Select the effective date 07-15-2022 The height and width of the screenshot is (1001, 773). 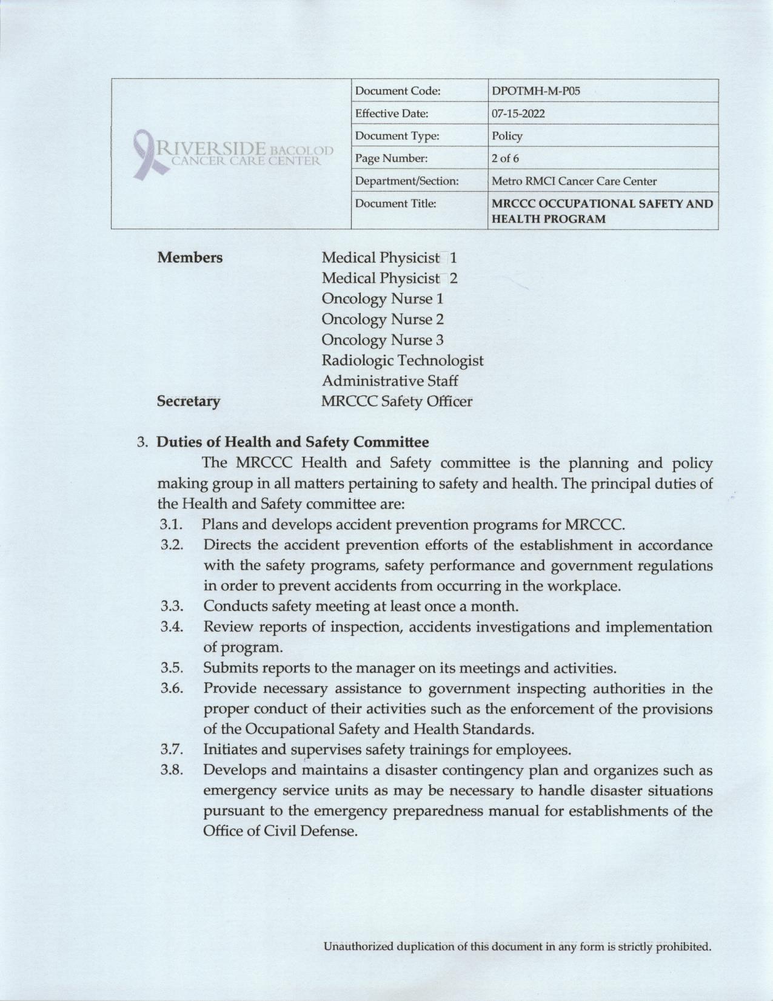(518, 113)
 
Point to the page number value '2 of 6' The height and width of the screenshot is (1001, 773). (505, 158)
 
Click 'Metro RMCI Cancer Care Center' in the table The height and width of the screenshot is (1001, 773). (574, 181)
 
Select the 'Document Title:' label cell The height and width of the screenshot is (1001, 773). (395, 204)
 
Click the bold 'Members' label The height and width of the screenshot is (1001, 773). (190, 258)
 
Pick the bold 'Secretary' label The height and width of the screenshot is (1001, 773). (189, 402)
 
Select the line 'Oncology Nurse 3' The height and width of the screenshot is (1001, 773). (383, 340)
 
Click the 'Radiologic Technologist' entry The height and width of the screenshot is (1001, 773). (403, 360)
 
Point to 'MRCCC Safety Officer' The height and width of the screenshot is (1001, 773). (397, 402)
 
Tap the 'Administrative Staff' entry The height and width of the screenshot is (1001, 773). (390, 381)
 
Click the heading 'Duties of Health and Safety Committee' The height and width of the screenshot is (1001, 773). (293, 442)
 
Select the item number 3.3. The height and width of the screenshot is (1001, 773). (172, 606)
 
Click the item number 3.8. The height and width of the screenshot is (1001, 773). (172, 770)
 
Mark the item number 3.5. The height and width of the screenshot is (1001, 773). (172, 668)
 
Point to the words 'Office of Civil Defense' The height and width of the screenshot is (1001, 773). (279, 831)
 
